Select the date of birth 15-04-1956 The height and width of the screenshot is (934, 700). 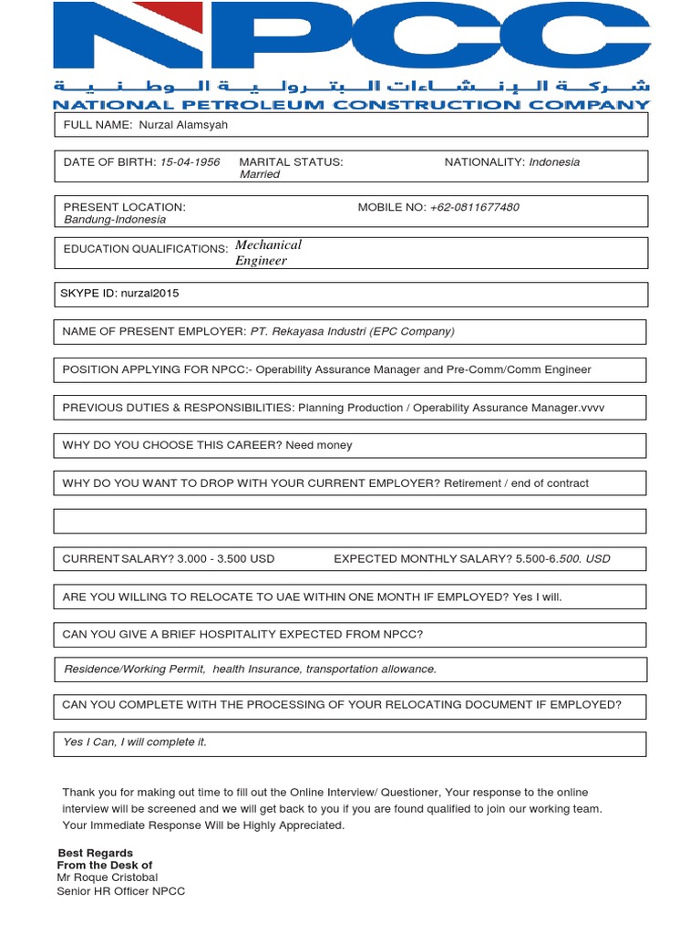click(x=190, y=162)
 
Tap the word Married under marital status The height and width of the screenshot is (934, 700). click(x=260, y=174)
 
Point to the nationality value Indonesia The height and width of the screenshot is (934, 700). click(x=554, y=162)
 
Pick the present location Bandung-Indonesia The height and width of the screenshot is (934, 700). click(x=115, y=220)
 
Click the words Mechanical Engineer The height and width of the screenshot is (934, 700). click(x=267, y=253)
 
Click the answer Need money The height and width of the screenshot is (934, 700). click(x=318, y=445)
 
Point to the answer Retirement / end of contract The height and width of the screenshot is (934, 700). click(x=516, y=483)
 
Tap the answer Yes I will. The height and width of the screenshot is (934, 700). click(x=537, y=597)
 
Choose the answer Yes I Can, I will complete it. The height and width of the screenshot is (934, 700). click(x=135, y=742)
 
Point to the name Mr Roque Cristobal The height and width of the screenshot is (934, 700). click(x=108, y=877)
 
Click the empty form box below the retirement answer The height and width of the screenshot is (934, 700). click(x=350, y=521)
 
